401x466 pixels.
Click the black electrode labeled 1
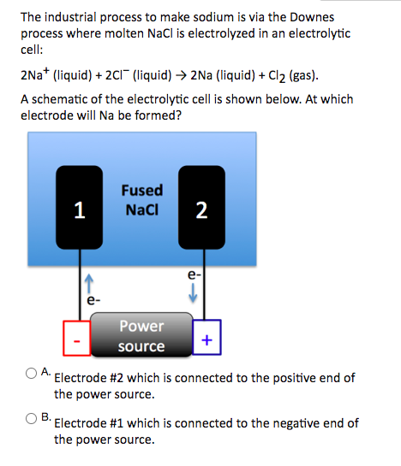(x=78, y=208)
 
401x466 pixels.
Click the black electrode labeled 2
(x=200, y=208)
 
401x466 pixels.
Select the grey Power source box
(x=141, y=335)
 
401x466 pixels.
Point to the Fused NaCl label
(x=141, y=200)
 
